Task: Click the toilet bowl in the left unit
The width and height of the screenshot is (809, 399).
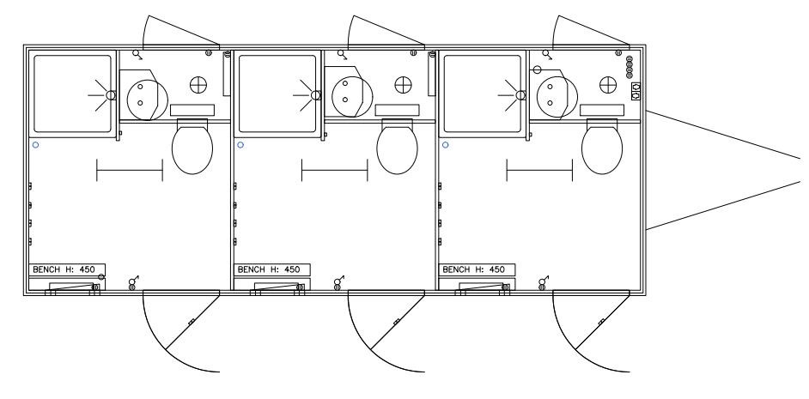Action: coord(192,149)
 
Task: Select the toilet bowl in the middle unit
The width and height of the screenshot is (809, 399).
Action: coord(397,149)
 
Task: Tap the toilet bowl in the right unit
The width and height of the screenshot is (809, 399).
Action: coord(601,149)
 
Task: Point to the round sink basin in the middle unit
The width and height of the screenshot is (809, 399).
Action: coord(352,96)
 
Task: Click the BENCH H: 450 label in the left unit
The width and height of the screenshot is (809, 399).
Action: coord(64,269)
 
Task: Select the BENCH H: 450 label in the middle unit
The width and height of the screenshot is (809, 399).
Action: coord(269,269)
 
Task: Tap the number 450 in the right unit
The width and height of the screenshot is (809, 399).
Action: coord(497,269)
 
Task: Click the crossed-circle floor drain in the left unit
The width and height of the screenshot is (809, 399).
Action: coord(198,85)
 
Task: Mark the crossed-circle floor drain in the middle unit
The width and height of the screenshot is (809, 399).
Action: coord(404,85)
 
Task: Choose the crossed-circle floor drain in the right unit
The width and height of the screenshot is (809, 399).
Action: coord(608,85)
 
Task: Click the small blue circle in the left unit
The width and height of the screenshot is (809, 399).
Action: coord(35,145)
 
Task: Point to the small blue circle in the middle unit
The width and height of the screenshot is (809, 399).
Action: coord(240,145)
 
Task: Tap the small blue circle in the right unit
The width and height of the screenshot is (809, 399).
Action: coord(445,145)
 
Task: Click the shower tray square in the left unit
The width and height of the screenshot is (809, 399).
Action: coord(72,94)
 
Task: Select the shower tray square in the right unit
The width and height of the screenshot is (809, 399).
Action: coord(483,94)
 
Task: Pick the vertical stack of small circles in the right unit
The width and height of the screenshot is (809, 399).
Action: coord(630,67)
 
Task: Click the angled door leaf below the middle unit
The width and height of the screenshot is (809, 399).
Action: coord(398,322)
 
